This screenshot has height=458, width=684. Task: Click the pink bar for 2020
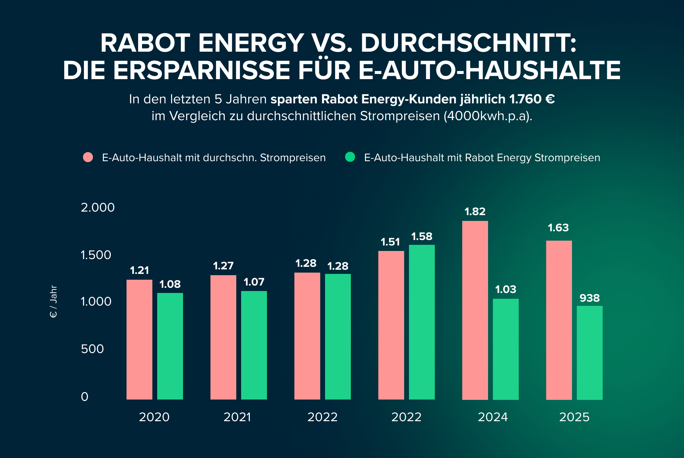(x=139, y=339)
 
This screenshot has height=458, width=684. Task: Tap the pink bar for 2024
(x=475, y=310)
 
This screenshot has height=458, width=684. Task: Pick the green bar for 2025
(x=589, y=352)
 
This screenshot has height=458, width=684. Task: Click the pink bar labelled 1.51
(x=391, y=325)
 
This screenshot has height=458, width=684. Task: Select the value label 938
(x=589, y=298)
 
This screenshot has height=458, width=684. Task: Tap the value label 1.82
(x=475, y=212)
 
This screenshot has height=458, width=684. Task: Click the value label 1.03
(x=505, y=289)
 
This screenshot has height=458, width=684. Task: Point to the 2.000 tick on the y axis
(x=97, y=207)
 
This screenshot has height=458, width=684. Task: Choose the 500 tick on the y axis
(x=92, y=349)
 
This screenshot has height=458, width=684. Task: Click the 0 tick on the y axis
(x=85, y=396)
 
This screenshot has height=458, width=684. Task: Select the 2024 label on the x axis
(x=493, y=417)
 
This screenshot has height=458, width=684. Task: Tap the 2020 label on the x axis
(x=154, y=417)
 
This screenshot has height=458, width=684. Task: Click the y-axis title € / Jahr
(x=53, y=301)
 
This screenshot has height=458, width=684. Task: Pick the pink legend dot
(x=88, y=157)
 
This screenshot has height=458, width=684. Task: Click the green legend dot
(x=350, y=157)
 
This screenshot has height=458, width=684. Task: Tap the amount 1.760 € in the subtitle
(x=532, y=99)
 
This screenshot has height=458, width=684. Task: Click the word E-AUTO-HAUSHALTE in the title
(x=489, y=70)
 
